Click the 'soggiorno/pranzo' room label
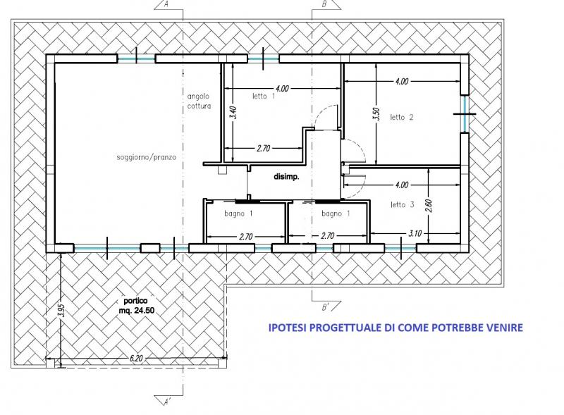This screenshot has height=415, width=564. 147,157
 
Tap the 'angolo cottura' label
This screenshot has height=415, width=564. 199,101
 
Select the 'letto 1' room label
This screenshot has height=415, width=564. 264,96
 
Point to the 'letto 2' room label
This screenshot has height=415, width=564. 402,117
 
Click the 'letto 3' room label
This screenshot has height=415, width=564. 402,204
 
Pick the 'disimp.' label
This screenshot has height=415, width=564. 286,177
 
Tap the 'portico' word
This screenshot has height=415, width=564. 135,301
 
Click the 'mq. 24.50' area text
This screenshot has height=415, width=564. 137,310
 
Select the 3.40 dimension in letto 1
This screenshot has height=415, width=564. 233,113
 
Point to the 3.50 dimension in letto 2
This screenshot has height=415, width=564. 376,115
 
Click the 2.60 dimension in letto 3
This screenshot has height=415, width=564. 429,206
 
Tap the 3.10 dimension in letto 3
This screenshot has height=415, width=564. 415,233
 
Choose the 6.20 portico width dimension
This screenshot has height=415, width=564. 136,358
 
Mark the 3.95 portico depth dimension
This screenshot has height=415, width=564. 61,310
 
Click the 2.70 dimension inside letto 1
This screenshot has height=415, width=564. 263,148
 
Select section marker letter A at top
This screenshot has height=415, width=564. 166,4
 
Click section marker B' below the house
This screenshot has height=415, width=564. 326,307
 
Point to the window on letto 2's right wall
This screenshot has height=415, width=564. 465,114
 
